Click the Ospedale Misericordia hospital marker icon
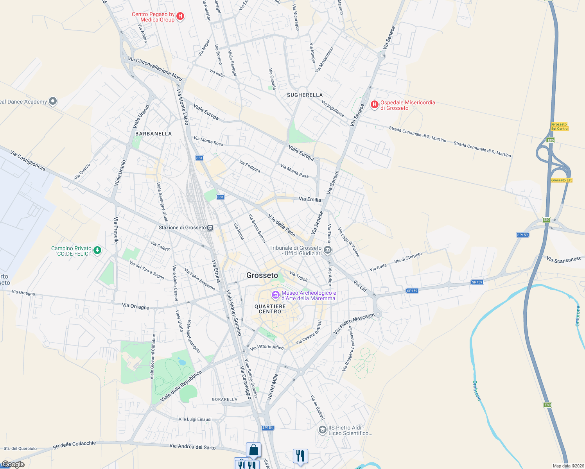tap(374, 104)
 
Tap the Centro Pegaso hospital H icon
tap(180, 16)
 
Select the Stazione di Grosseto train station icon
tap(210, 227)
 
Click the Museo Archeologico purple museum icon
tap(276, 294)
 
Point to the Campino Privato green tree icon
tap(97, 250)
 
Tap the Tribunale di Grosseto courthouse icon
tap(328, 250)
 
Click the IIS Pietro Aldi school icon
tap(322, 430)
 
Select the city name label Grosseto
tap(262, 276)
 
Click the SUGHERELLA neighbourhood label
tap(305, 95)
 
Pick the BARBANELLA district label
tap(153, 134)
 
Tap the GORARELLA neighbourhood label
tap(224, 399)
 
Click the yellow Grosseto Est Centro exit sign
tap(559, 126)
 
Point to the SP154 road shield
tap(267, 428)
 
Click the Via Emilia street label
tap(310, 199)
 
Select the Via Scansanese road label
tap(564, 260)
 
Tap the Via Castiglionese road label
tap(28, 161)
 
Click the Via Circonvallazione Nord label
tap(155, 70)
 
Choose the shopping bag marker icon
tap(253, 450)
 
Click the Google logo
tap(13, 464)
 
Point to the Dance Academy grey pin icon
tap(53, 102)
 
